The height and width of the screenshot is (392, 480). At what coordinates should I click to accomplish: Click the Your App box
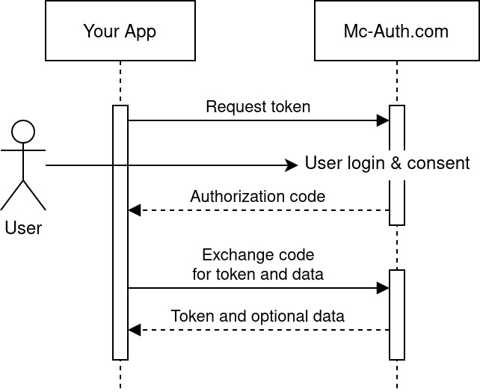tap(120, 31)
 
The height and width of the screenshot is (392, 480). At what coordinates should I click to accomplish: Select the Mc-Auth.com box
tap(396, 31)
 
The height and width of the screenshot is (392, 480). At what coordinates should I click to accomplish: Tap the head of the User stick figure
tap(23, 132)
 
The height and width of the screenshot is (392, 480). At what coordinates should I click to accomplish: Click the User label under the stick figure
tap(23, 227)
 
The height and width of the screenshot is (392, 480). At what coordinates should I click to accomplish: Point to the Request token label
tap(258, 106)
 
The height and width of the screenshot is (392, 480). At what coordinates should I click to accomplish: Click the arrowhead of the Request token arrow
tap(384, 120)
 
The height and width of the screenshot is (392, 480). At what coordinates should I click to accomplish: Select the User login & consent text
tap(387, 163)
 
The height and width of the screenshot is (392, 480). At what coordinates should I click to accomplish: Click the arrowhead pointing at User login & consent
tap(294, 165)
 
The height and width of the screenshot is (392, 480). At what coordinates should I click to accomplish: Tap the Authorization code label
tap(258, 197)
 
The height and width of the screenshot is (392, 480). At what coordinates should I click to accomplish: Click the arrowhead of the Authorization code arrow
tap(134, 210)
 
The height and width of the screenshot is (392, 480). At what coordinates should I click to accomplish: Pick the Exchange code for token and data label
tap(258, 264)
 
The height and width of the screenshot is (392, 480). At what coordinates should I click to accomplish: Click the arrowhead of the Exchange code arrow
tap(384, 288)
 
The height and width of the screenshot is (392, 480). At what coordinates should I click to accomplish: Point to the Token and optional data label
tap(258, 316)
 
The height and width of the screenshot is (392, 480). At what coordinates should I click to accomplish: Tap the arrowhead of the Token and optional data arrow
tap(134, 330)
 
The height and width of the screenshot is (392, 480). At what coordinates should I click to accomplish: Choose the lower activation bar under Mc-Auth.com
tap(397, 314)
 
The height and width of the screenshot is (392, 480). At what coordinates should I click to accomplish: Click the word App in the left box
tap(141, 31)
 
